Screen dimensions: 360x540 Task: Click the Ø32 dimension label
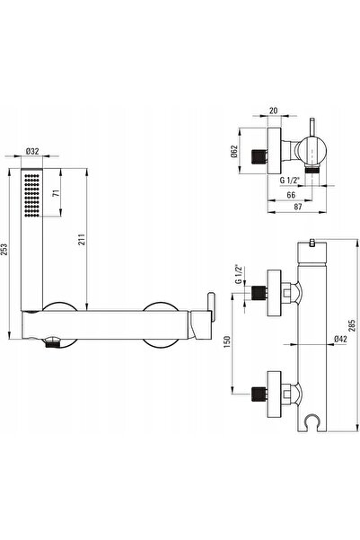pos(32,151)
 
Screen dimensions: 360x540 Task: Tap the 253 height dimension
pos(4,250)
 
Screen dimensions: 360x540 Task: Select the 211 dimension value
pos(81,239)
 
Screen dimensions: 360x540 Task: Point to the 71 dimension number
pos(57,193)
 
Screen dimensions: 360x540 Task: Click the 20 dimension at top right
pos(273,111)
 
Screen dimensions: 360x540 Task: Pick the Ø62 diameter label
pos(234,151)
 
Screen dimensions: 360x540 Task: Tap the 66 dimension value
pos(291,195)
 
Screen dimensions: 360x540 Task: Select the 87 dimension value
pos(298,207)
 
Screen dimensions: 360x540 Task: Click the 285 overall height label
pos(352,325)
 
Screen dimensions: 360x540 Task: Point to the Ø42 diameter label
pos(340,339)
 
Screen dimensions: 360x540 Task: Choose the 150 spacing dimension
pos(227,341)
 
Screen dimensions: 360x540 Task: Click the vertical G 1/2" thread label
pos(238,274)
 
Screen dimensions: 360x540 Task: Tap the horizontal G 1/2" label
pos(290,180)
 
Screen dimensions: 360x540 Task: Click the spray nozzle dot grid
pos(31,195)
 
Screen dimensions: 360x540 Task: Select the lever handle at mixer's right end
pos(211,305)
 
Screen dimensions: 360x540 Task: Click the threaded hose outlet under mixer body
pos(52,343)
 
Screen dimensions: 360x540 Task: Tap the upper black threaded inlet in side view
pos(259,293)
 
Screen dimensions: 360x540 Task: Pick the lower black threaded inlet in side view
pos(259,394)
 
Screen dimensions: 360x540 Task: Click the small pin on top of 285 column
pos(312,243)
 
